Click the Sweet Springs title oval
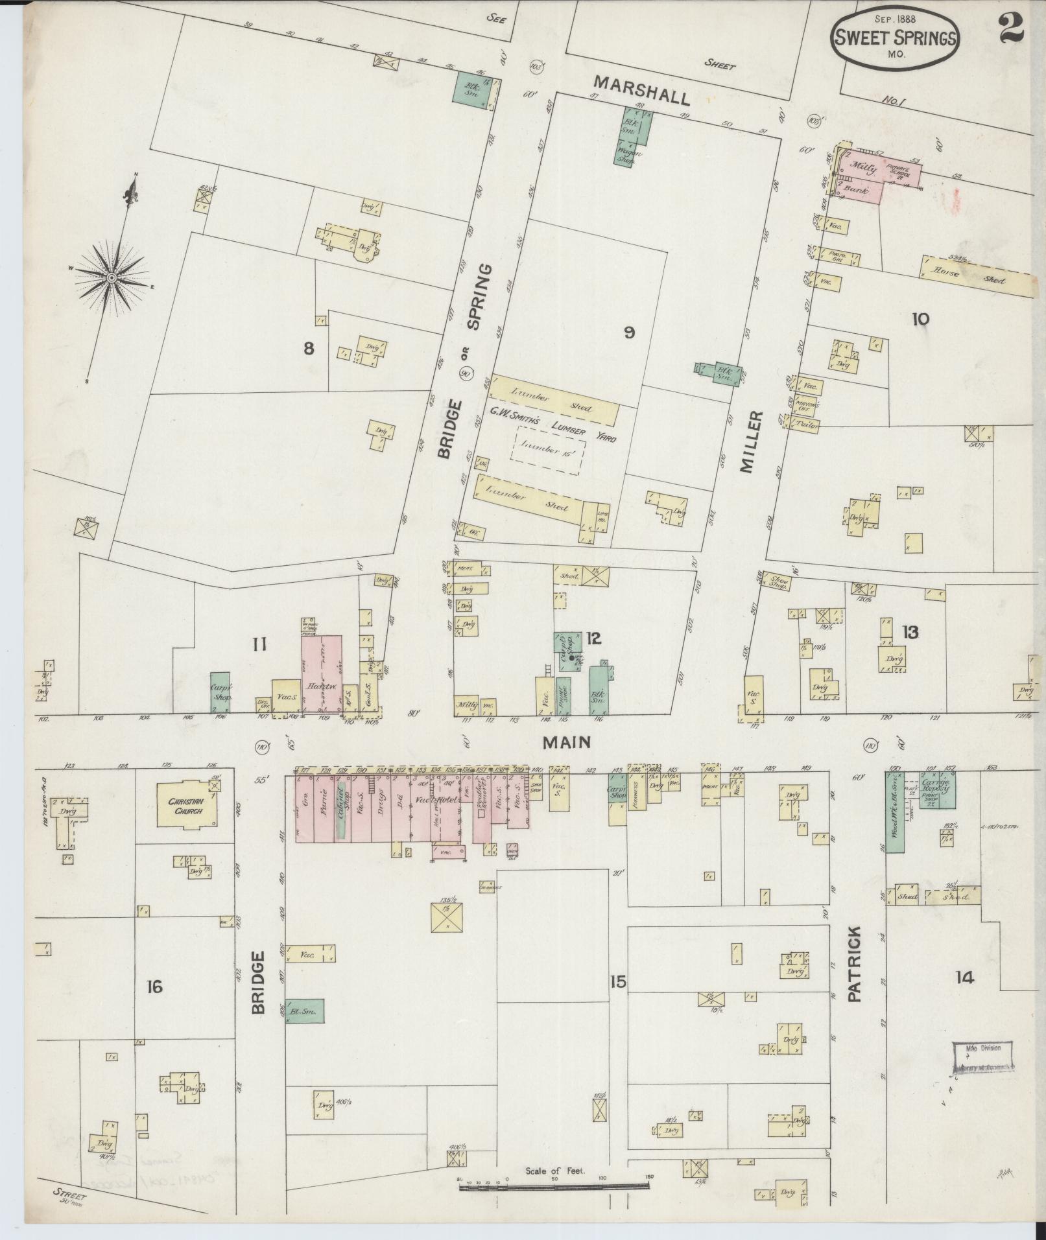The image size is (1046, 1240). (x=896, y=40)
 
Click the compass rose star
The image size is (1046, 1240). (x=112, y=277)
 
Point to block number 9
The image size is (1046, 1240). (x=628, y=333)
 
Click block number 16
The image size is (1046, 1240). (x=154, y=987)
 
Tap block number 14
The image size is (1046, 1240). (x=964, y=977)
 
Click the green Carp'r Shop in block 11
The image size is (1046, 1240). (x=220, y=693)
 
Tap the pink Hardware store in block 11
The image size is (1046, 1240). (x=322, y=675)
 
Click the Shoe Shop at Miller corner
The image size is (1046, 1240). (x=778, y=581)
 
